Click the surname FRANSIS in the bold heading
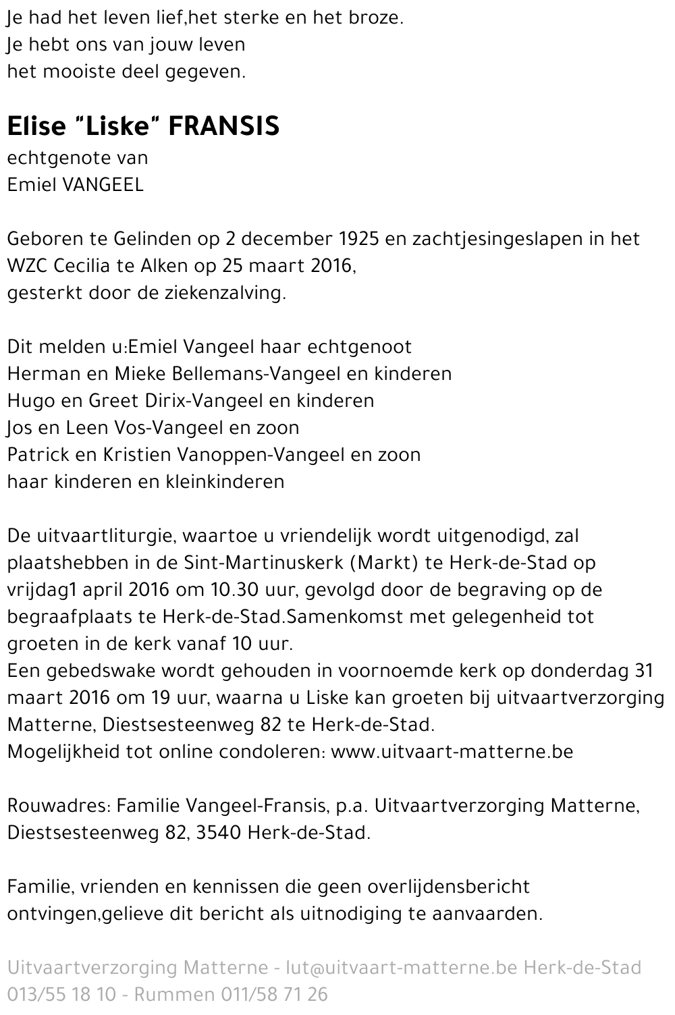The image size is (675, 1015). click(223, 126)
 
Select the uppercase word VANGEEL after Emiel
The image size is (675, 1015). click(103, 185)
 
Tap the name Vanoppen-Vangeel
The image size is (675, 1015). click(260, 455)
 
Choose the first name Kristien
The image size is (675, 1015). click(136, 455)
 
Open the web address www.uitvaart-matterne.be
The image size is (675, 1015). click(452, 752)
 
